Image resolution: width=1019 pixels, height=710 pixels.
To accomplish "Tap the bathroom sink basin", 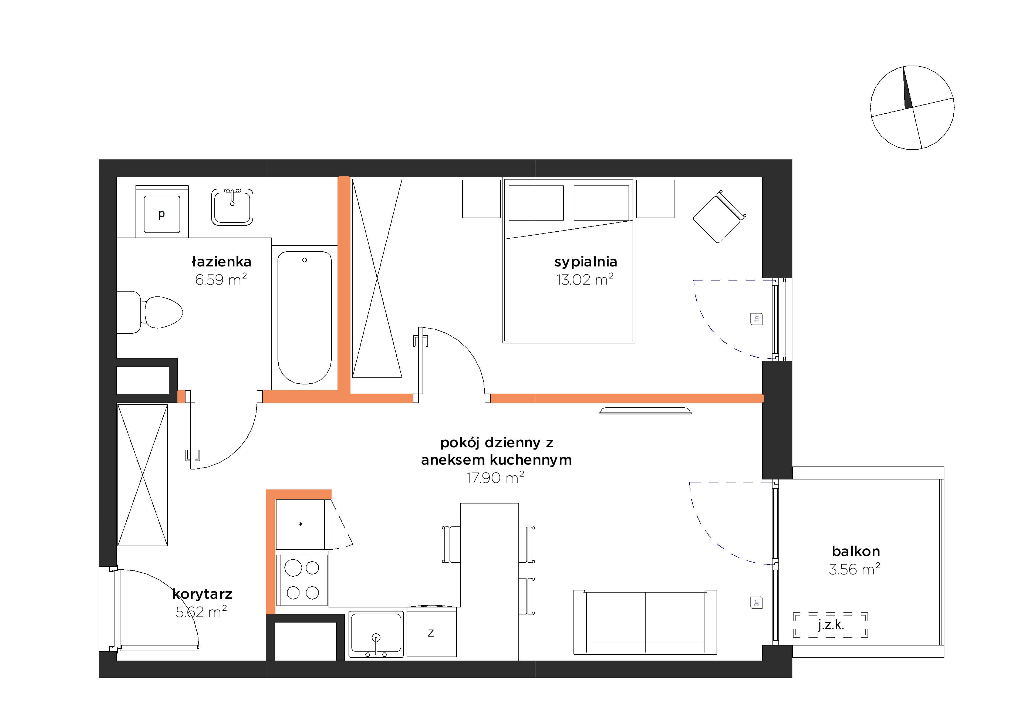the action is tap(232, 207).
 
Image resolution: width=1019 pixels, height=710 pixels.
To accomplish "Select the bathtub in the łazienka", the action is tap(305, 318).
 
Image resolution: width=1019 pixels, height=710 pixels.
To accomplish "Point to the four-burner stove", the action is tap(302, 580).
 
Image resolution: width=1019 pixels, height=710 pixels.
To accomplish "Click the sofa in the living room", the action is tap(645, 622).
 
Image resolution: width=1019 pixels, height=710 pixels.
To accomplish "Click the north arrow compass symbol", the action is tap(912, 107).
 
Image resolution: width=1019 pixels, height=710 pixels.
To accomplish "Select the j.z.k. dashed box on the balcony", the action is tap(830, 625).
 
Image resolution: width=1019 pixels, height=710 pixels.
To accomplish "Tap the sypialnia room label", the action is tap(585, 262).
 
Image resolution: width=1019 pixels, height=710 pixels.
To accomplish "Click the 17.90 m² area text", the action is tap(495, 478).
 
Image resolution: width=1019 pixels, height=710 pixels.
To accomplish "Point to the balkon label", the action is tap(856, 551).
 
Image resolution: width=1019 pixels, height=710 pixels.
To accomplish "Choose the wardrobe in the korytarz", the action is tap(143, 475).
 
